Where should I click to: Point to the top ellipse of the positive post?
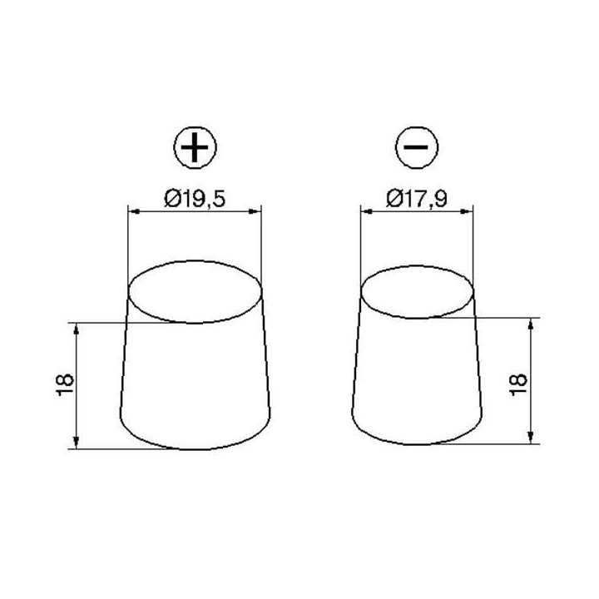(x=196, y=292)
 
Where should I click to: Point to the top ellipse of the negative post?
(x=418, y=291)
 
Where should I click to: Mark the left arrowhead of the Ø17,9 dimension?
(x=364, y=210)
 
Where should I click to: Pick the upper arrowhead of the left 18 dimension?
(x=77, y=328)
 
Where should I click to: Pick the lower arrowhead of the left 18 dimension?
(x=77, y=443)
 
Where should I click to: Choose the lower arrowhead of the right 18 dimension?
(x=531, y=438)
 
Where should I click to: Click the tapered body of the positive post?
(x=196, y=383)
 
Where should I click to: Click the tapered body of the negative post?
(x=418, y=379)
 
